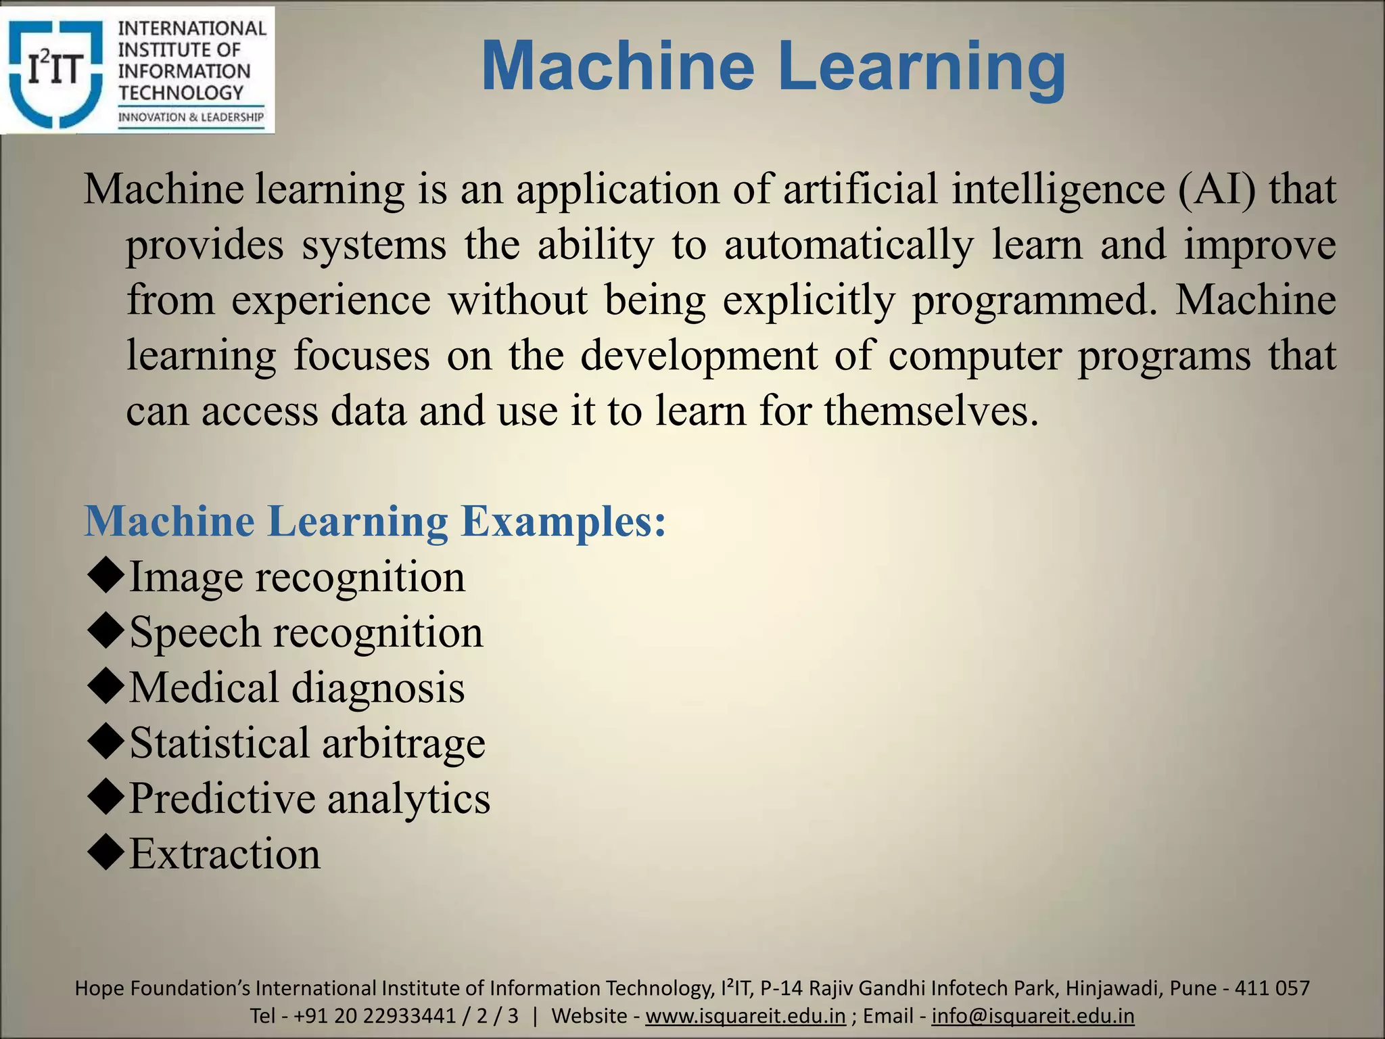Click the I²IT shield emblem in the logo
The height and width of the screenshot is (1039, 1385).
55,72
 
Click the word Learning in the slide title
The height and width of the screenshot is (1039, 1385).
921,66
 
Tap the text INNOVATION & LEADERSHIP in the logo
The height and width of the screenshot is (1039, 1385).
191,117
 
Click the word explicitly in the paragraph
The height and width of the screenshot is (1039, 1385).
808,300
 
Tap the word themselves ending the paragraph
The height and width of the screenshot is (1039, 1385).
930,411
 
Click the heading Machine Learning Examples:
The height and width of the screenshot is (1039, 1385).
375,522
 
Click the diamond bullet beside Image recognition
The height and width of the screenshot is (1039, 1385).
106,576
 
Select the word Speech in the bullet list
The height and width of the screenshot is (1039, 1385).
195,632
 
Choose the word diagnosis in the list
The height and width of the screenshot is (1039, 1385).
378,687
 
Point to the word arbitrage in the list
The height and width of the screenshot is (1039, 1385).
403,743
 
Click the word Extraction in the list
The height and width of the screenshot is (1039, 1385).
225,854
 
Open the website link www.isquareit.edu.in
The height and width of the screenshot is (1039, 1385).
745,1016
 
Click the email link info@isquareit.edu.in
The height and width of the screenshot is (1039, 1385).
1033,1016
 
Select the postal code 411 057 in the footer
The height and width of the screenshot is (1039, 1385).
1272,988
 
